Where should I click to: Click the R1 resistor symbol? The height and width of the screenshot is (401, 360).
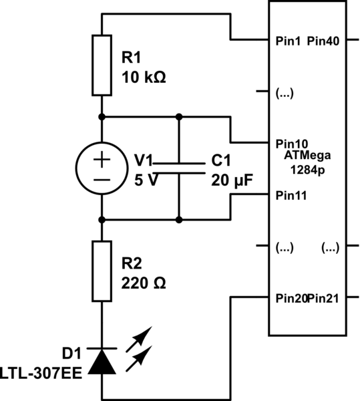click(102, 65)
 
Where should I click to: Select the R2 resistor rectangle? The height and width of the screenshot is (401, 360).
click(102, 271)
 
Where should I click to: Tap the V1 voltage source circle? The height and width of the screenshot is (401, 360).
click(102, 168)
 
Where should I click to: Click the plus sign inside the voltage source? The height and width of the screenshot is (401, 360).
click(102, 159)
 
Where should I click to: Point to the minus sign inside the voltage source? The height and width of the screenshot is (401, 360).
click(102, 180)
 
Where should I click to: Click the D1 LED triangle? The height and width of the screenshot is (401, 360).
click(102, 362)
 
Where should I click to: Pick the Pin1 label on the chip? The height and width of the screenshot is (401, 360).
click(288, 41)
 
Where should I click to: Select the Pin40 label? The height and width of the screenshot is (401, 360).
click(323, 41)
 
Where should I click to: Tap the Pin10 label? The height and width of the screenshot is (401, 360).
click(292, 144)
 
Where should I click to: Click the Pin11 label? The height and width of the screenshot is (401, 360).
click(291, 196)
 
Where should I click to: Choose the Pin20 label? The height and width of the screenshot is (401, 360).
click(291, 299)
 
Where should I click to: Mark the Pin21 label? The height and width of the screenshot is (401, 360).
click(323, 299)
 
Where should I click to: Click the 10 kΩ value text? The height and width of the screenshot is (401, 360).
click(144, 78)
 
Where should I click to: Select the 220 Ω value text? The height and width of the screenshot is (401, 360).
click(144, 283)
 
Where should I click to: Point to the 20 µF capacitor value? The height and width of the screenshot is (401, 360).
click(232, 181)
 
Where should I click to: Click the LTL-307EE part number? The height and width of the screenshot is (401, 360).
click(41, 373)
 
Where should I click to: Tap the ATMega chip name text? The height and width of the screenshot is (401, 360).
click(307, 156)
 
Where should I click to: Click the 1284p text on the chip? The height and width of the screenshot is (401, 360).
click(307, 170)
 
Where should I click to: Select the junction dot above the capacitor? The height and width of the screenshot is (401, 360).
click(179, 117)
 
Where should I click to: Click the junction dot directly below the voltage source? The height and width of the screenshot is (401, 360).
click(102, 220)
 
